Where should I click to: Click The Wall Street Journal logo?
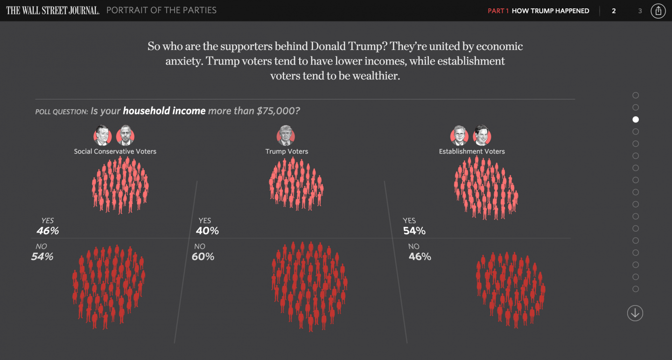tap(53, 10)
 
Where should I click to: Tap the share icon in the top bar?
tap(658, 11)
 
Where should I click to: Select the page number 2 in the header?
tap(614, 11)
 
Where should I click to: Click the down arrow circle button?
tap(635, 313)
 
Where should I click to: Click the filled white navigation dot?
tap(636, 120)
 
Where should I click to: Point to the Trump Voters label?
tap(287, 151)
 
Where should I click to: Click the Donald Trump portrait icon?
tap(286, 135)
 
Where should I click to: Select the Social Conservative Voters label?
tap(115, 151)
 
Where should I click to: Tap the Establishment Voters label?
tap(472, 151)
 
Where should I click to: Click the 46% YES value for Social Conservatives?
tap(48, 231)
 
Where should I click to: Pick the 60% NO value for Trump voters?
tap(203, 256)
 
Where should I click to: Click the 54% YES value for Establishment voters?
tap(414, 231)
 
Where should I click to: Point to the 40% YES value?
tap(208, 231)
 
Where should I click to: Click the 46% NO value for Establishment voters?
tap(420, 256)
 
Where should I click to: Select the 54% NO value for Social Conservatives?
tap(42, 256)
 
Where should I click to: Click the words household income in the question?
tap(164, 111)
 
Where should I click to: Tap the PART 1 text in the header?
tap(498, 11)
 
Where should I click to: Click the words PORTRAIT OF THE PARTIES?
tap(161, 10)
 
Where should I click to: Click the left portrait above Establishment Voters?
tap(459, 135)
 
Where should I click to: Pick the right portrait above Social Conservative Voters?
tap(125, 135)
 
